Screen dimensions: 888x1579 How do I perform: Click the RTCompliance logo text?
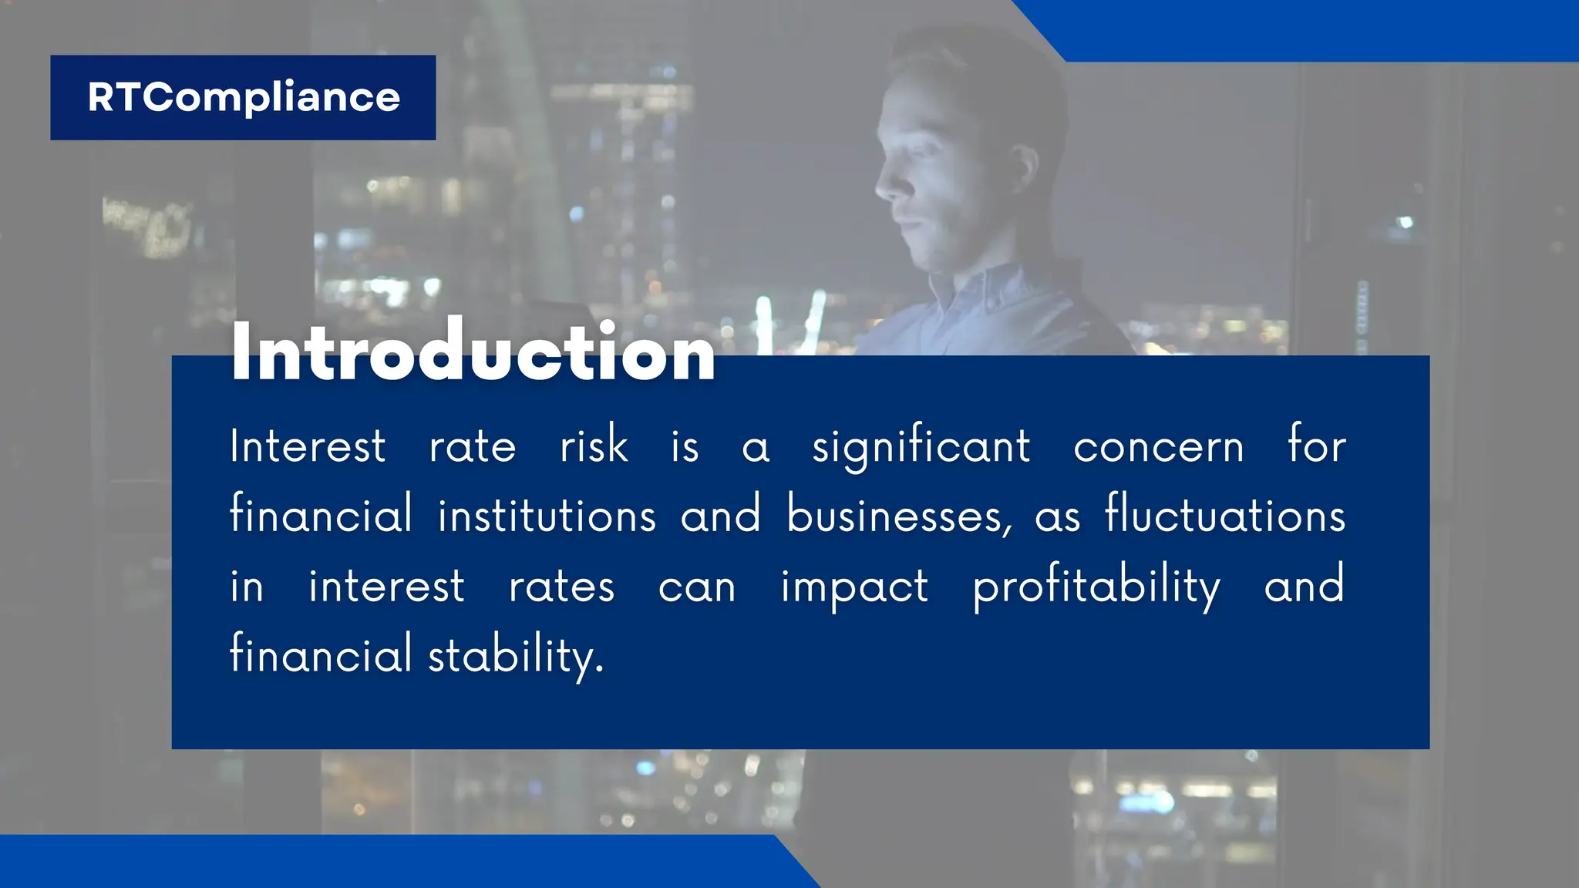[244, 97]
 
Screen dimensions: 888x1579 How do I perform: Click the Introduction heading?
[473, 352]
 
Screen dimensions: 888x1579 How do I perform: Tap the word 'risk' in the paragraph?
[594, 446]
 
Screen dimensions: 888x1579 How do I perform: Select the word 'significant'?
[921, 447]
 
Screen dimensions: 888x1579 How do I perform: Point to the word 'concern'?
[1158, 447]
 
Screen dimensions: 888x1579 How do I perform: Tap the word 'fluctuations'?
[1225, 514]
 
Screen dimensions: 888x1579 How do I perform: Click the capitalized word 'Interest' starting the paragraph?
[308, 446]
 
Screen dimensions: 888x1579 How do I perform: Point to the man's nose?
[884, 185]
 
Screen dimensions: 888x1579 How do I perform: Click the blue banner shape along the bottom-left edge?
[385, 862]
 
